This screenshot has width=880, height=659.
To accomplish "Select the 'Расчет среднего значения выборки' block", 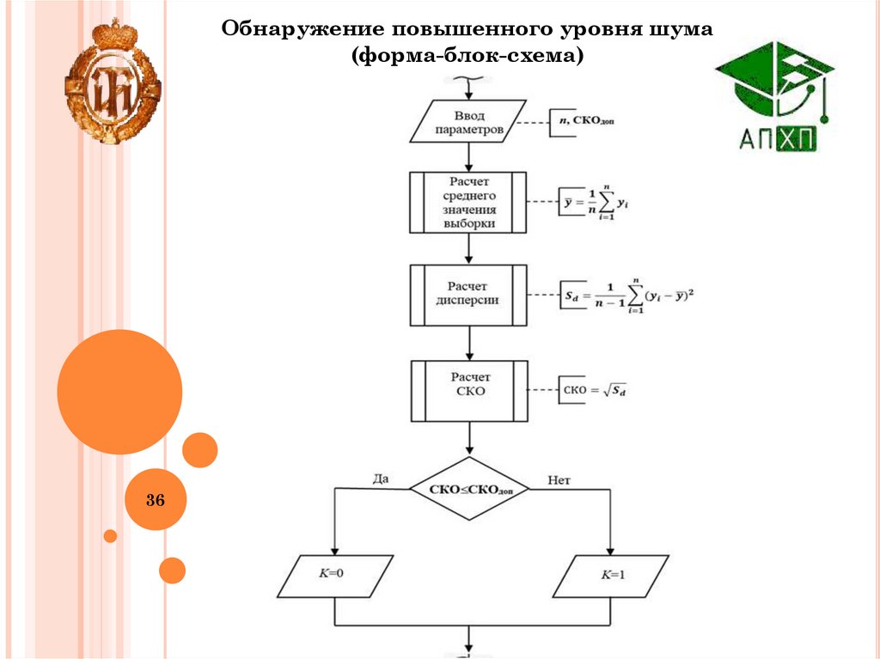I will (468, 202).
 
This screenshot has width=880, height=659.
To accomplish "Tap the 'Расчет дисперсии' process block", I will (468, 295).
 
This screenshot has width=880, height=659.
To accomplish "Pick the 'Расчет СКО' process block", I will (468, 391).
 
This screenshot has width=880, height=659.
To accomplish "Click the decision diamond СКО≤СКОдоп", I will (468, 488).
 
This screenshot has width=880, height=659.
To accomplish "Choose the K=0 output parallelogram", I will (335, 577).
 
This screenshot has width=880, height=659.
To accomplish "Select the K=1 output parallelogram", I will (611, 577).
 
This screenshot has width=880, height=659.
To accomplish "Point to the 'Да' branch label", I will (380, 479).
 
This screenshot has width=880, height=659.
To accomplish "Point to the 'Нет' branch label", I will (559, 479).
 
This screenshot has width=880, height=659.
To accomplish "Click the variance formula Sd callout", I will (628, 296).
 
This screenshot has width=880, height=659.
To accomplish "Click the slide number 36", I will (156, 499).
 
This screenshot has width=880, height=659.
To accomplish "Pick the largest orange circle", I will (119, 392).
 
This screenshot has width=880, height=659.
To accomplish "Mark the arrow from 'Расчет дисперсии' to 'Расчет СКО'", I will (468, 343).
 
